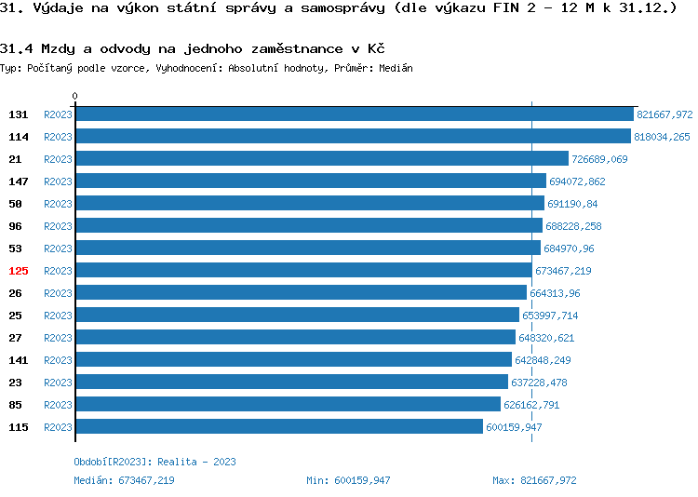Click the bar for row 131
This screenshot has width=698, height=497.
tap(354, 114)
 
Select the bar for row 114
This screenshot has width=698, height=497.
tap(353, 137)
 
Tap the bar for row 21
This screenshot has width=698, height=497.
tap(321, 159)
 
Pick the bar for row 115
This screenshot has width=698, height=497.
tap(278, 427)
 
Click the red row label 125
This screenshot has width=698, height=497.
tap(19, 271)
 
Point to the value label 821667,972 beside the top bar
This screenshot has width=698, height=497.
tap(664, 114)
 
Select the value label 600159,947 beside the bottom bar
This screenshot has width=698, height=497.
tap(514, 427)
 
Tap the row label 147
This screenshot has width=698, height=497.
tap(19, 181)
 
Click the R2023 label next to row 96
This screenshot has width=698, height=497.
tap(58, 226)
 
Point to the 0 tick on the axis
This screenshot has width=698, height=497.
tap(75, 97)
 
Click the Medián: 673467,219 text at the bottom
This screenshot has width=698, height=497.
tap(124, 480)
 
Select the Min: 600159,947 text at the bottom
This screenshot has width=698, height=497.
tap(348, 480)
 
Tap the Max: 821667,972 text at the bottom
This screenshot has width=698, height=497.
tap(534, 480)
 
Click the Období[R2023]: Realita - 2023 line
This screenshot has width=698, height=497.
tap(154, 462)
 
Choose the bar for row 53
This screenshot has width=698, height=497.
tap(307, 248)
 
